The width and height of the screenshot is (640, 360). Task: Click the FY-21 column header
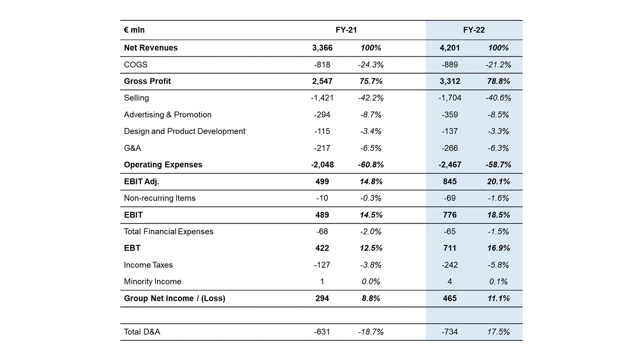(346, 30)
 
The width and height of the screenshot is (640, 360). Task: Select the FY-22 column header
(474, 30)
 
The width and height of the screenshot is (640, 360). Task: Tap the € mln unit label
(134, 30)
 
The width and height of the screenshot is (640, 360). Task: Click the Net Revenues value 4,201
(450, 48)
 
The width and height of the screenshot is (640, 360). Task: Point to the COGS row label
(136, 65)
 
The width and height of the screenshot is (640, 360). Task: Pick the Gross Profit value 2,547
(322, 81)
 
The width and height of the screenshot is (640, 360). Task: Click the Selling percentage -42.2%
(371, 98)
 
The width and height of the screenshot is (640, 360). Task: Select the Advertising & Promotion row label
(168, 115)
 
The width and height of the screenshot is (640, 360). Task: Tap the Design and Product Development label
(185, 131)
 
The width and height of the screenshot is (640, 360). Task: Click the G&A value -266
(450, 148)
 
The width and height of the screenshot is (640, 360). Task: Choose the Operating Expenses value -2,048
(322, 165)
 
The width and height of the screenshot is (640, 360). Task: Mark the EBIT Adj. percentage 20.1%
(498, 182)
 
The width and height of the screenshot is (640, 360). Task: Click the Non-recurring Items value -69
(450, 198)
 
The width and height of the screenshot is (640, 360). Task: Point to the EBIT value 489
(322, 215)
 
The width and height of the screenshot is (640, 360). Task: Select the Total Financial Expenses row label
(169, 232)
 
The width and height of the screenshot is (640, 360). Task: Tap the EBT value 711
(450, 248)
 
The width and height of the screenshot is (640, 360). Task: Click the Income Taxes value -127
(322, 265)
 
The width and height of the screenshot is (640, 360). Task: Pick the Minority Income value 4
(450, 282)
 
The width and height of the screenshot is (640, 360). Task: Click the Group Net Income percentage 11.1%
(498, 298)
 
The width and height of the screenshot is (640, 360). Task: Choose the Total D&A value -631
(322, 332)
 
